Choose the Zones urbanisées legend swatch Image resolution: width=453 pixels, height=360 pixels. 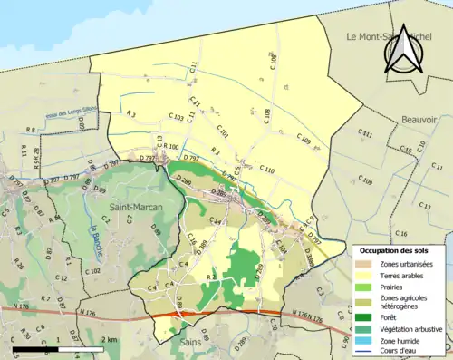tap(366, 263)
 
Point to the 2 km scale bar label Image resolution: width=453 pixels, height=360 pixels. tap(111, 339)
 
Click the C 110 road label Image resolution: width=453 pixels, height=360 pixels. tap(266, 170)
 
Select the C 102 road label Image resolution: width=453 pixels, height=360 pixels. tap(92, 271)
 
